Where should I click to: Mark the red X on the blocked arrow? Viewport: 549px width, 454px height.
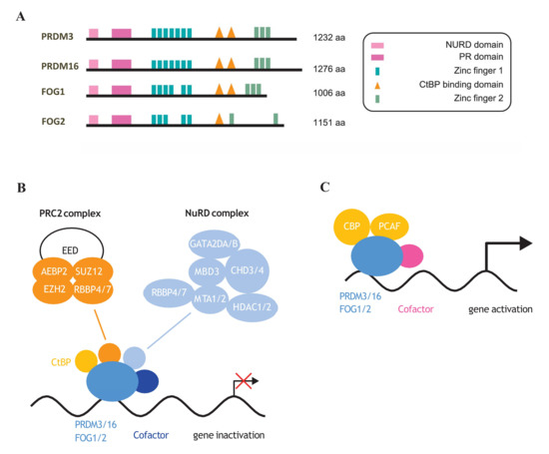240,383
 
